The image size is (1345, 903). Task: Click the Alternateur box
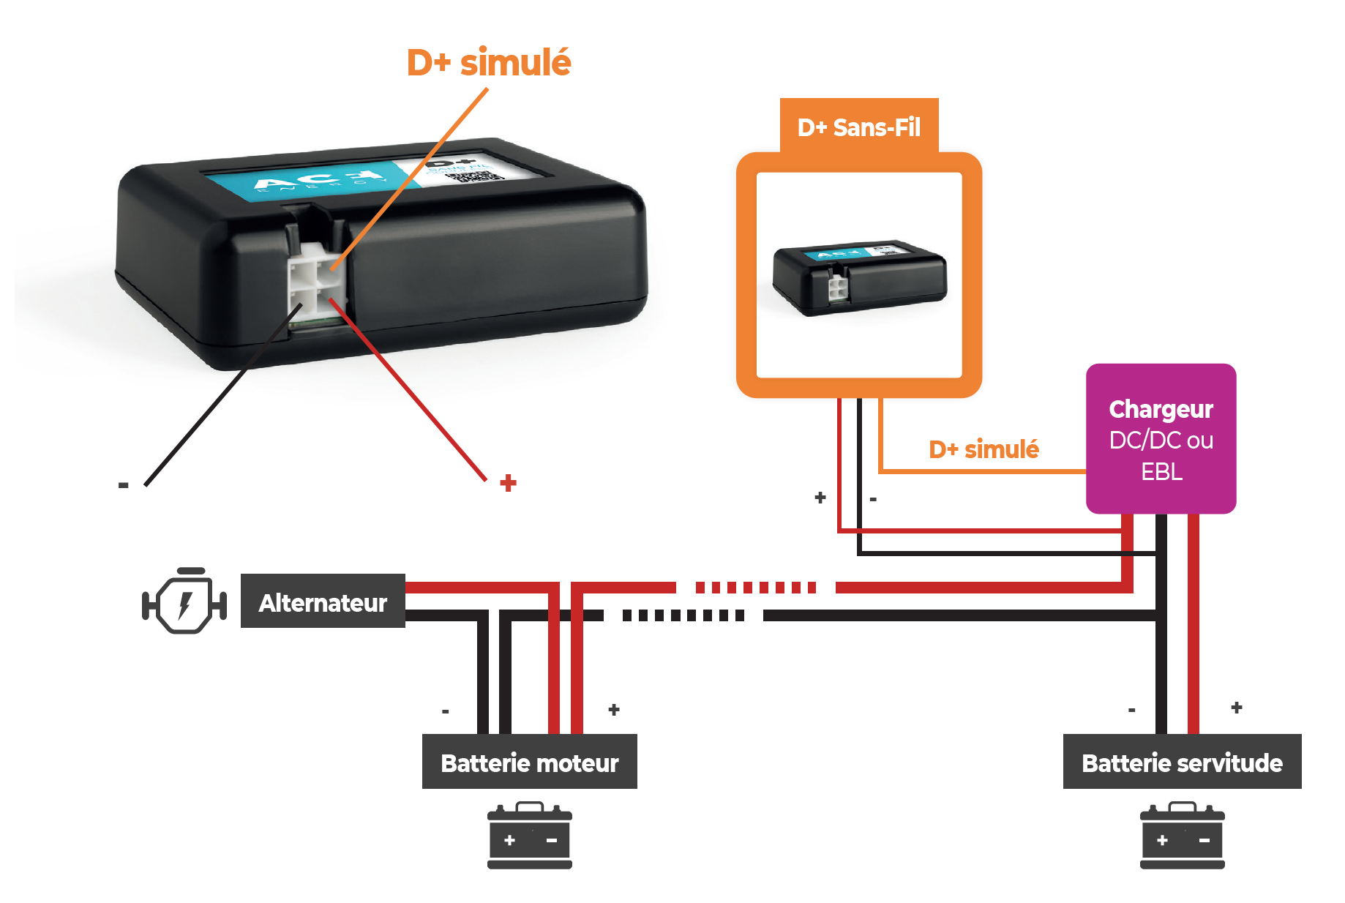323,602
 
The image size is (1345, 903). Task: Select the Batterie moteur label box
529,762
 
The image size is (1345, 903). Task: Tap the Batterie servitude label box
1182,762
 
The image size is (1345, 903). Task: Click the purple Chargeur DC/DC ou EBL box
1161,439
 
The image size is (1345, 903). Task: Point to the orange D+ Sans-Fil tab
858,127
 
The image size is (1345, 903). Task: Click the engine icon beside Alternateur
184,602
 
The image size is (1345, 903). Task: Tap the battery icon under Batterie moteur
530,836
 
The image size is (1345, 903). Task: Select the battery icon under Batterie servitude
1182,836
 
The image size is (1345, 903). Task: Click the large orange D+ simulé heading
489,62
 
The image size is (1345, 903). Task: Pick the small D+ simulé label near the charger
984,449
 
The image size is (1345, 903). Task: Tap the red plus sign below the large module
508,483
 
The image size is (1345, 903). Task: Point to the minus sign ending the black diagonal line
123,485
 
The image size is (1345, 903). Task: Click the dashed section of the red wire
755,588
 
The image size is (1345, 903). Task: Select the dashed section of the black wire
683,615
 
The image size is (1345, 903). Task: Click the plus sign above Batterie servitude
1237,708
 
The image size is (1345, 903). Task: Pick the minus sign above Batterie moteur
445,711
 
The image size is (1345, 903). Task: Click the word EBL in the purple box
1161,472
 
